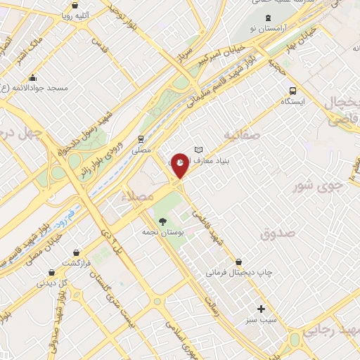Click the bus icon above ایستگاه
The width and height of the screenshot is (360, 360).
(x=292, y=91)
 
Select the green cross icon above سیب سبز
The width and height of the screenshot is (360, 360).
(x=261, y=309)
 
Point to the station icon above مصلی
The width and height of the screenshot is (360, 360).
(x=141, y=139)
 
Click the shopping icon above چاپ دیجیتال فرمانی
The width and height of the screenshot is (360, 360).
(x=239, y=262)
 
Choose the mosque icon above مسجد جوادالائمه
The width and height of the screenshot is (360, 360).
(x=32, y=77)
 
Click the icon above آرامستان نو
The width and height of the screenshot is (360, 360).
(x=266, y=18)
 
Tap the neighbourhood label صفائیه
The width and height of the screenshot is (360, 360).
(x=242, y=133)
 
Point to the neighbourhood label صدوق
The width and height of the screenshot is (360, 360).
(x=278, y=232)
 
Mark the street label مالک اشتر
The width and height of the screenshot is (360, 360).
(x=31, y=50)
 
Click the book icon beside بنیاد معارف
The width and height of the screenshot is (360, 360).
(x=198, y=149)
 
